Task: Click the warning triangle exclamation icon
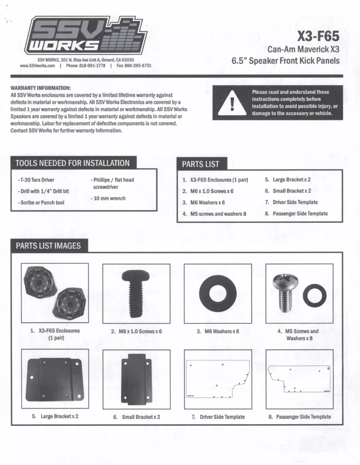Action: (x=232, y=103)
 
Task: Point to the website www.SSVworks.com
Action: (x=38, y=65)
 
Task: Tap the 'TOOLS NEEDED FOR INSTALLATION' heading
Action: (x=73, y=163)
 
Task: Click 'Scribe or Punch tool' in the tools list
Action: (x=41, y=203)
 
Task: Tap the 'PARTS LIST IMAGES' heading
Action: (x=48, y=246)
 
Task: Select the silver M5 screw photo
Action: (x=284, y=293)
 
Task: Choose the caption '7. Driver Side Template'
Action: (x=218, y=417)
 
